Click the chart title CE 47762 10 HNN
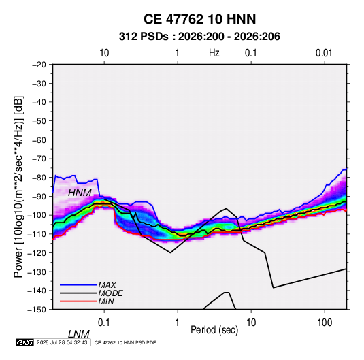[x=199, y=19]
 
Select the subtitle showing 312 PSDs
[x=199, y=37]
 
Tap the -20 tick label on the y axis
[x=39, y=65]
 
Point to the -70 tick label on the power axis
[x=39, y=159]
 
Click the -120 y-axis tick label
[x=37, y=252]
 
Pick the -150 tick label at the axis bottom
[x=37, y=310]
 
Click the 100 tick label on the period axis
[x=325, y=323]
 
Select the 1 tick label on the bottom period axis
[x=178, y=323]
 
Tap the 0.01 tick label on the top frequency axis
[x=324, y=53]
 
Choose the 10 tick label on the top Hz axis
[x=104, y=53]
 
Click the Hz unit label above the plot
[x=214, y=53]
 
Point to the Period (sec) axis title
[x=214, y=330]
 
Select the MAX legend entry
[x=107, y=285]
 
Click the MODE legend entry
[x=110, y=293]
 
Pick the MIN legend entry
[x=106, y=301]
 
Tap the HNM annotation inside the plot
[x=80, y=193]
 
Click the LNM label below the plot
[x=78, y=334]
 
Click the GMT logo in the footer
[x=25, y=342]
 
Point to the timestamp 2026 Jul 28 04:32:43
[x=62, y=342]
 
